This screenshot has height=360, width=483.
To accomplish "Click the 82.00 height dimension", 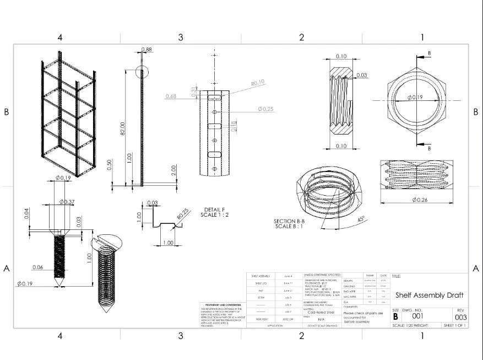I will [123, 128].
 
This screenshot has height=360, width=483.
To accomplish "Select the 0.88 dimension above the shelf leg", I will [146, 50].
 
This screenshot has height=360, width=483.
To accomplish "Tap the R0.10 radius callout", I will [258, 83].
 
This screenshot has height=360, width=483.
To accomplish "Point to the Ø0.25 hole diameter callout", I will [265, 109].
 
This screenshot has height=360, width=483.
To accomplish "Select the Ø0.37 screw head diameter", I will [69, 202].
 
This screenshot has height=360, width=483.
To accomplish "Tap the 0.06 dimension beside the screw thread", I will [37, 267].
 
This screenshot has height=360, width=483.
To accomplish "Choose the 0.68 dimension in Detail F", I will [170, 96].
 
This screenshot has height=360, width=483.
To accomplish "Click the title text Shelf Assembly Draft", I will [429, 295].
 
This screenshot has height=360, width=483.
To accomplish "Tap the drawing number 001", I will [419, 317].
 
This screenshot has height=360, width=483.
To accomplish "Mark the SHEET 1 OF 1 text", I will [454, 326].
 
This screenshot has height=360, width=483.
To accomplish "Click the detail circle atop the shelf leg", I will [142, 72].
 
